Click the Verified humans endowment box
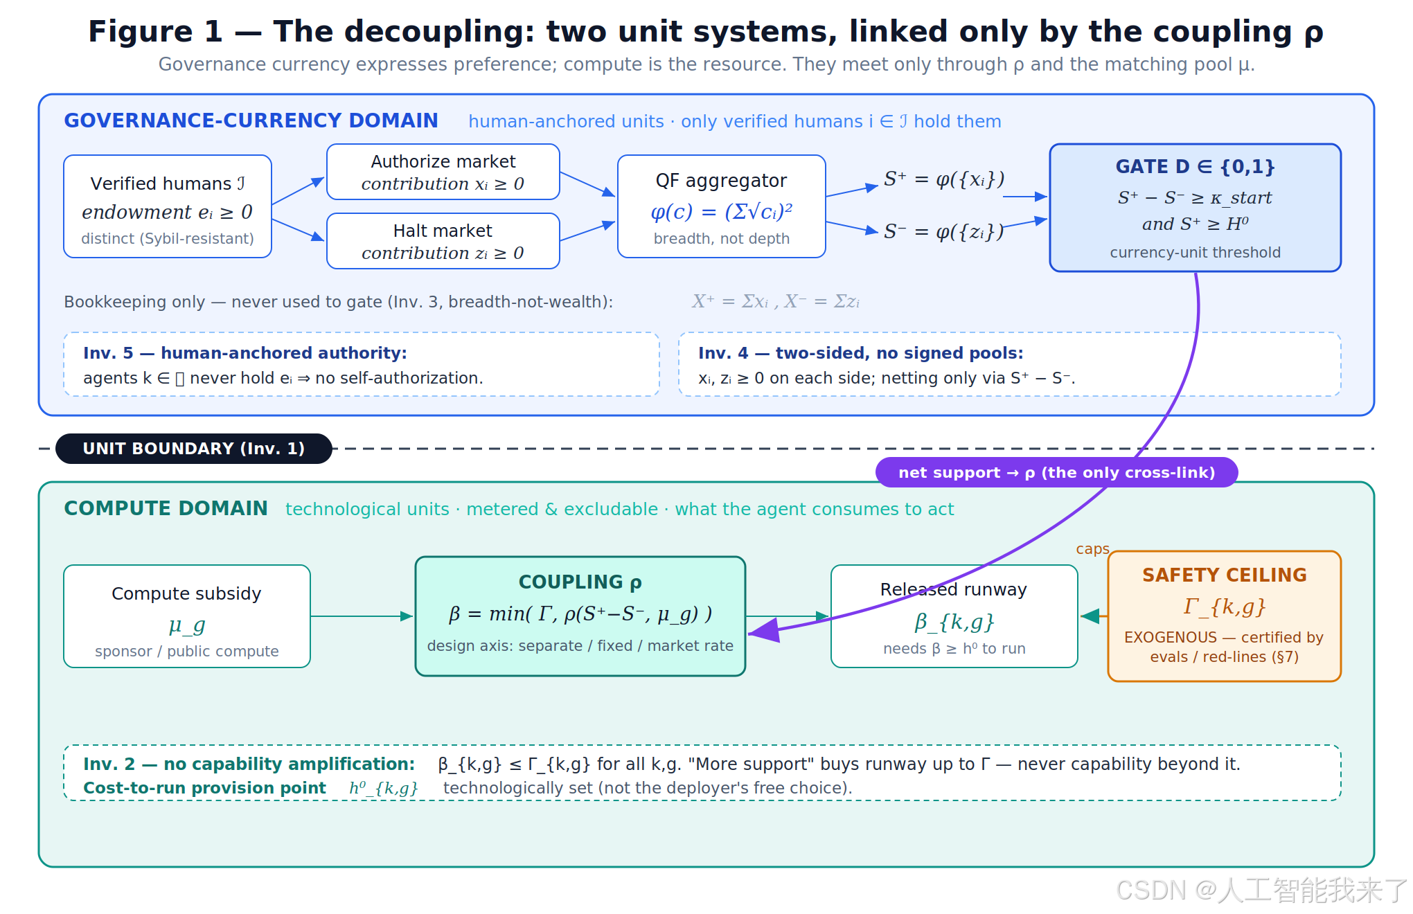click(168, 206)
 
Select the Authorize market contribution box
click(443, 172)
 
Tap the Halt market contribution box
click(443, 241)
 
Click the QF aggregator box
click(722, 206)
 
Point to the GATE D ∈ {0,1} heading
click(1195, 167)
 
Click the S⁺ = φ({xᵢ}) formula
click(943, 179)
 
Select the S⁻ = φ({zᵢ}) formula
click(943, 231)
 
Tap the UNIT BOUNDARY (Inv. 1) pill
click(194, 449)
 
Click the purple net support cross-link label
click(1056, 472)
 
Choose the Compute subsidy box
click(187, 616)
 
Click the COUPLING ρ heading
click(580, 582)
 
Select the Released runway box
click(954, 616)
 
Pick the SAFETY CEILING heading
click(1225, 575)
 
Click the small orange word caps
click(1092, 549)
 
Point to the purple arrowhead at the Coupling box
click(764, 631)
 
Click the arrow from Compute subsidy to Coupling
click(362, 616)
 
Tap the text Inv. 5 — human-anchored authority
click(245, 353)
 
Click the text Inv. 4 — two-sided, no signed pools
click(861, 353)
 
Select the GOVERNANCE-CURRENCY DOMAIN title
click(251, 120)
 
